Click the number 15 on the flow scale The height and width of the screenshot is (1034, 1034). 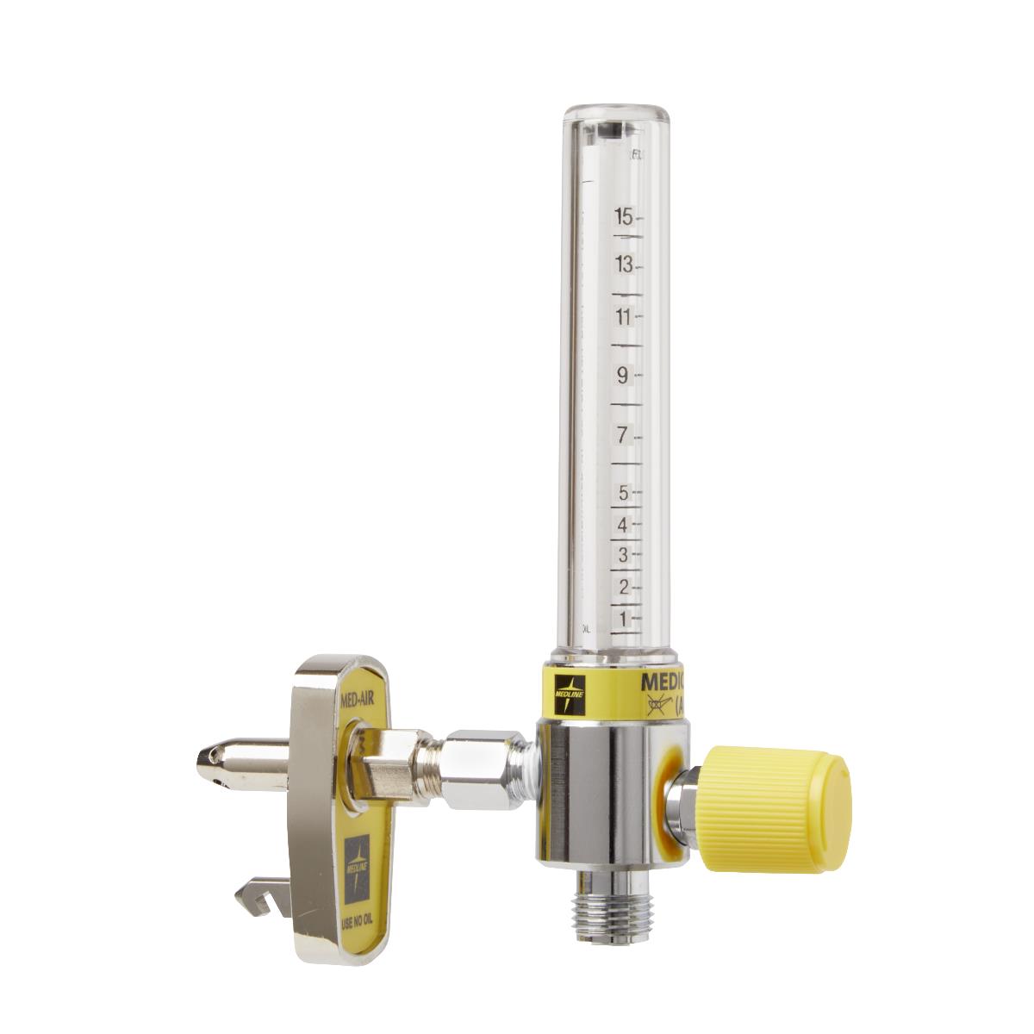(x=624, y=216)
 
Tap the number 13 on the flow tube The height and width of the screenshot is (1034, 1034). (x=624, y=265)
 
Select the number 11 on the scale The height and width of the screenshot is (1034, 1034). (x=624, y=317)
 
